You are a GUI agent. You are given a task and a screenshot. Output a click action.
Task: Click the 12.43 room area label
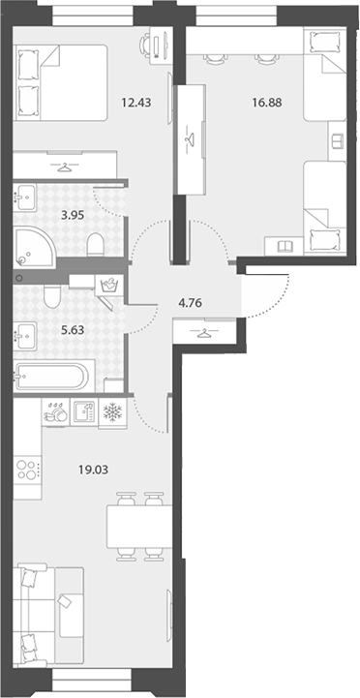pyautogui.click(x=136, y=103)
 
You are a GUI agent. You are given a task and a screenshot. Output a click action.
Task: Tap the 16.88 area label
pyautogui.click(x=266, y=103)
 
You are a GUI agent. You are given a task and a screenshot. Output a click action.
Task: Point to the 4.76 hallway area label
pyautogui.click(x=191, y=304)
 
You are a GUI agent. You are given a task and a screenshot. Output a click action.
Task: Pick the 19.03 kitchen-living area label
pyautogui.click(x=94, y=470)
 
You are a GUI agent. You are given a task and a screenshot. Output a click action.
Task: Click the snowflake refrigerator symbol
pyautogui.click(x=112, y=412)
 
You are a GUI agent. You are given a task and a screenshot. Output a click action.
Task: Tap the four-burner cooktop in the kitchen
pyautogui.click(x=27, y=470)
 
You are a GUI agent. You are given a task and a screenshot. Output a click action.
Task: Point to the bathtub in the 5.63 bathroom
pyautogui.click(x=54, y=377)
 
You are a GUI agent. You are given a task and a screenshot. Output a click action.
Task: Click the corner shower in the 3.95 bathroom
pyautogui.click(x=34, y=247)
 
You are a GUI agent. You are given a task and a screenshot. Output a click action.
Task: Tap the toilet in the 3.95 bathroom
pyautogui.click(x=95, y=245)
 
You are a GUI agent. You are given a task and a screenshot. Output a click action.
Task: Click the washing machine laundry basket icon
pyautogui.click(x=109, y=284)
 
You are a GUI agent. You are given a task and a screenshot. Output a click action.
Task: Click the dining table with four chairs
pyautogui.click(x=139, y=527)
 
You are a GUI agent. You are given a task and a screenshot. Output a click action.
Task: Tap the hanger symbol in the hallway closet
pyautogui.click(x=204, y=332)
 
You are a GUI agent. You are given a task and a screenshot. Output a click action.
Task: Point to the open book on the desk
pyautogui.click(x=285, y=246)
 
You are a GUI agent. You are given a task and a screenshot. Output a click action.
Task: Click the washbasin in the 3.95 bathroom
pyautogui.click(x=25, y=197)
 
